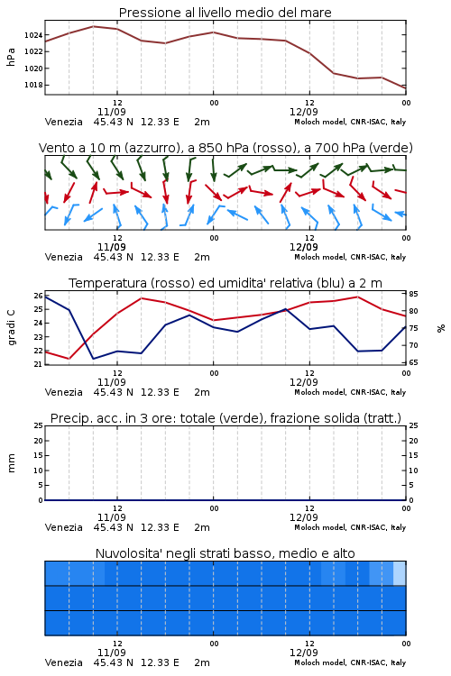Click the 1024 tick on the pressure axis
coord(33,35)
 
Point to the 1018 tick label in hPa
coord(33,85)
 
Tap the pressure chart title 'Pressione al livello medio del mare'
coord(225,13)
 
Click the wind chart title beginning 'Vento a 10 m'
coord(225,148)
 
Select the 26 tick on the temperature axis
coord(38,296)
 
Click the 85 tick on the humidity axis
coord(413,294)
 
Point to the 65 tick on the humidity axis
coord(413,362)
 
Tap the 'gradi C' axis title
coord(12,328)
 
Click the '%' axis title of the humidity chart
coord(441,328)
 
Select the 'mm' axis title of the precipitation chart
coord(12,463)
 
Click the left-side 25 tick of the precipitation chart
coord(38,425)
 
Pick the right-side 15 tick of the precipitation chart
coord(413,455)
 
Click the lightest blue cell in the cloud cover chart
coord(400,573)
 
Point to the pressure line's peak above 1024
coord(93,26)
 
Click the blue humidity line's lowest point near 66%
coord(93,359)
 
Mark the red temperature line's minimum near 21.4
coord(69,359)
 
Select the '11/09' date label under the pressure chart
coord(112,112)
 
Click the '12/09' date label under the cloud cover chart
coord(304,653)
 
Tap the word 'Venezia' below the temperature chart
coord(64,392)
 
